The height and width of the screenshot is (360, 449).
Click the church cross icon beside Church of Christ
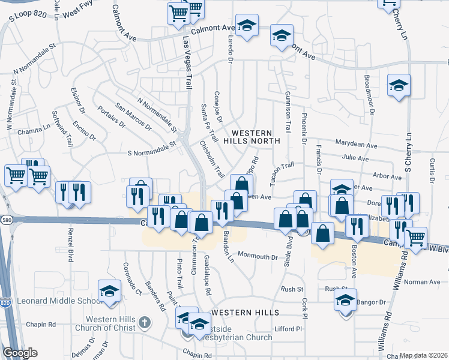tap(143, 323)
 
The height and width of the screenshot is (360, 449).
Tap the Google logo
tap(20, 352)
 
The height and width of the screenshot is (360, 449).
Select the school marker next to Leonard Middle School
tap(109, 292)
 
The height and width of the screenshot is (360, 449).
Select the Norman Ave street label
tap(422, 282)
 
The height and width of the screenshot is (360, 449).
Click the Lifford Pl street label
tap(289, 329)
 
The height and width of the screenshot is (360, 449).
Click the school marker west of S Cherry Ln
tap(398, 86)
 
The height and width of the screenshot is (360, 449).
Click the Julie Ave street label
tap(355, 158)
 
